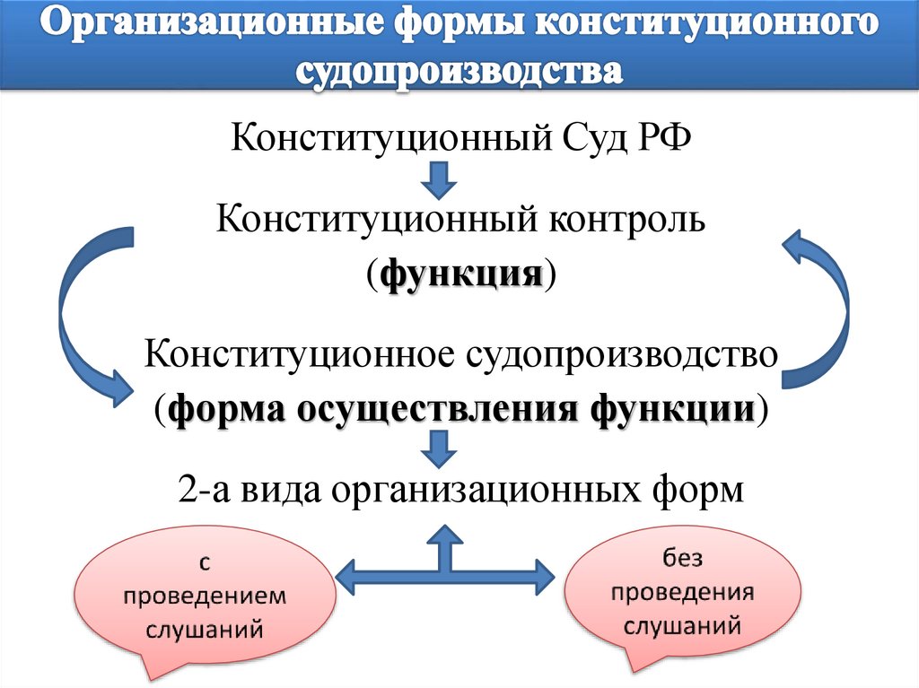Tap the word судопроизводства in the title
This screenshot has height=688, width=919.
click(459, 72)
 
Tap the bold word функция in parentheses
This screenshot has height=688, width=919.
click(460, 272)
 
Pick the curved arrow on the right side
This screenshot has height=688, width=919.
click(826, 305)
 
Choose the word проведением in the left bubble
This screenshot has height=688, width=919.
click(206, 597)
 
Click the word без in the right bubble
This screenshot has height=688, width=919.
click(683, 560)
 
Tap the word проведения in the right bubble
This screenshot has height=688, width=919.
click(683, 592)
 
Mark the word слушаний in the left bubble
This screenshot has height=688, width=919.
click(206, 629)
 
